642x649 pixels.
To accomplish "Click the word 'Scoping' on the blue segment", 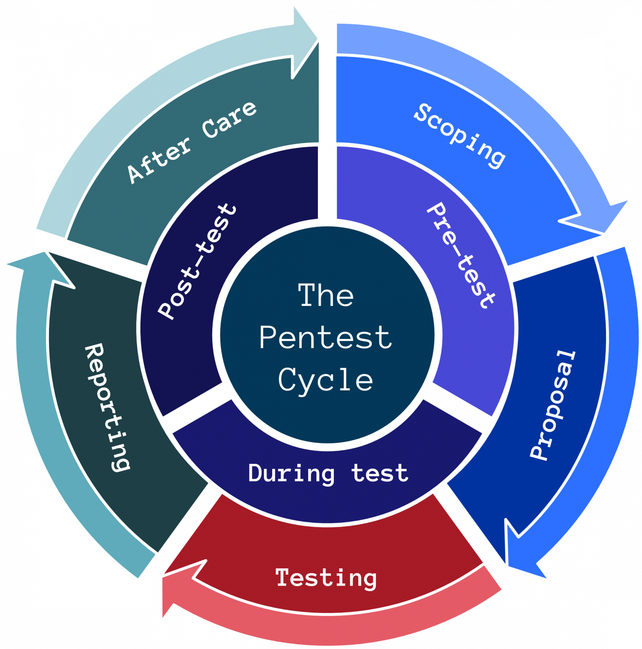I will [x=459, y=135].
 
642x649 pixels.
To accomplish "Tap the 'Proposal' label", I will [x=552, y=405].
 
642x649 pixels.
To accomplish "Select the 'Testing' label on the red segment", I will [x=326, y=578].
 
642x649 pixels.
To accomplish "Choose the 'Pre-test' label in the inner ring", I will [x=460, y=255].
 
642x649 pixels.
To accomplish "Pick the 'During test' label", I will [x=328, y=473].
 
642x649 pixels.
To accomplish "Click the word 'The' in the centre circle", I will [x=326, y=295].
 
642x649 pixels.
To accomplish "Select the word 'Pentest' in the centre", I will [x=326, y=338].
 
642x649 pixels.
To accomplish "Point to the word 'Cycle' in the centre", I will [x=326, y=380].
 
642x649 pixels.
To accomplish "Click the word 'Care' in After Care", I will [x=229, y=120].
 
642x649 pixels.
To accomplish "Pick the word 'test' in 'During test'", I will [x=380, y=473].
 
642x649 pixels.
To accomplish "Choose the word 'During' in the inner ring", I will [x=291, y=473].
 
